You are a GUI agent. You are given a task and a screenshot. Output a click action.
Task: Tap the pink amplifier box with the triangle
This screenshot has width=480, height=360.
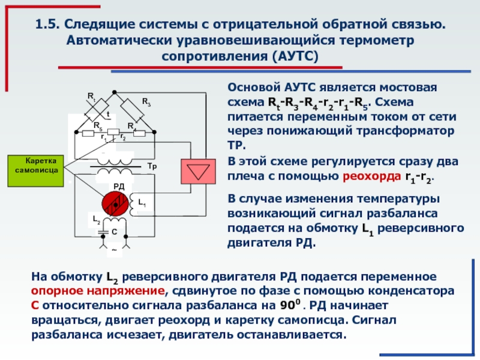pyautogui.click(x=195, y=171)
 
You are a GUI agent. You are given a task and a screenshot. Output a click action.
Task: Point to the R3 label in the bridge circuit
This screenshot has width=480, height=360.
pyautogui.click(x=146, y=104)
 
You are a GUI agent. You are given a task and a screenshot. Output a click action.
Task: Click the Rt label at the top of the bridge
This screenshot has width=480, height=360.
pyautogui.click(x=91, y=96)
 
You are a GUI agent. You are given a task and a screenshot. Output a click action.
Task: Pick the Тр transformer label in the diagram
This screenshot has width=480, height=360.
pyautogui.click(x=151, y=165)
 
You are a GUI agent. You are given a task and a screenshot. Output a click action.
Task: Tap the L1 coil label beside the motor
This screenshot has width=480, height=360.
pyautogui.click(x=142, y=205)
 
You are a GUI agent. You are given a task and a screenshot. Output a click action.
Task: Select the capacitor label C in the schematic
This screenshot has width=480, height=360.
pyautogui.click(x=114, y=232)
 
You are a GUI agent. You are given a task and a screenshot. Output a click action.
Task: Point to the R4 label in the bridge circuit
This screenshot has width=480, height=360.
pyautogui.click(x=131, y=125)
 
